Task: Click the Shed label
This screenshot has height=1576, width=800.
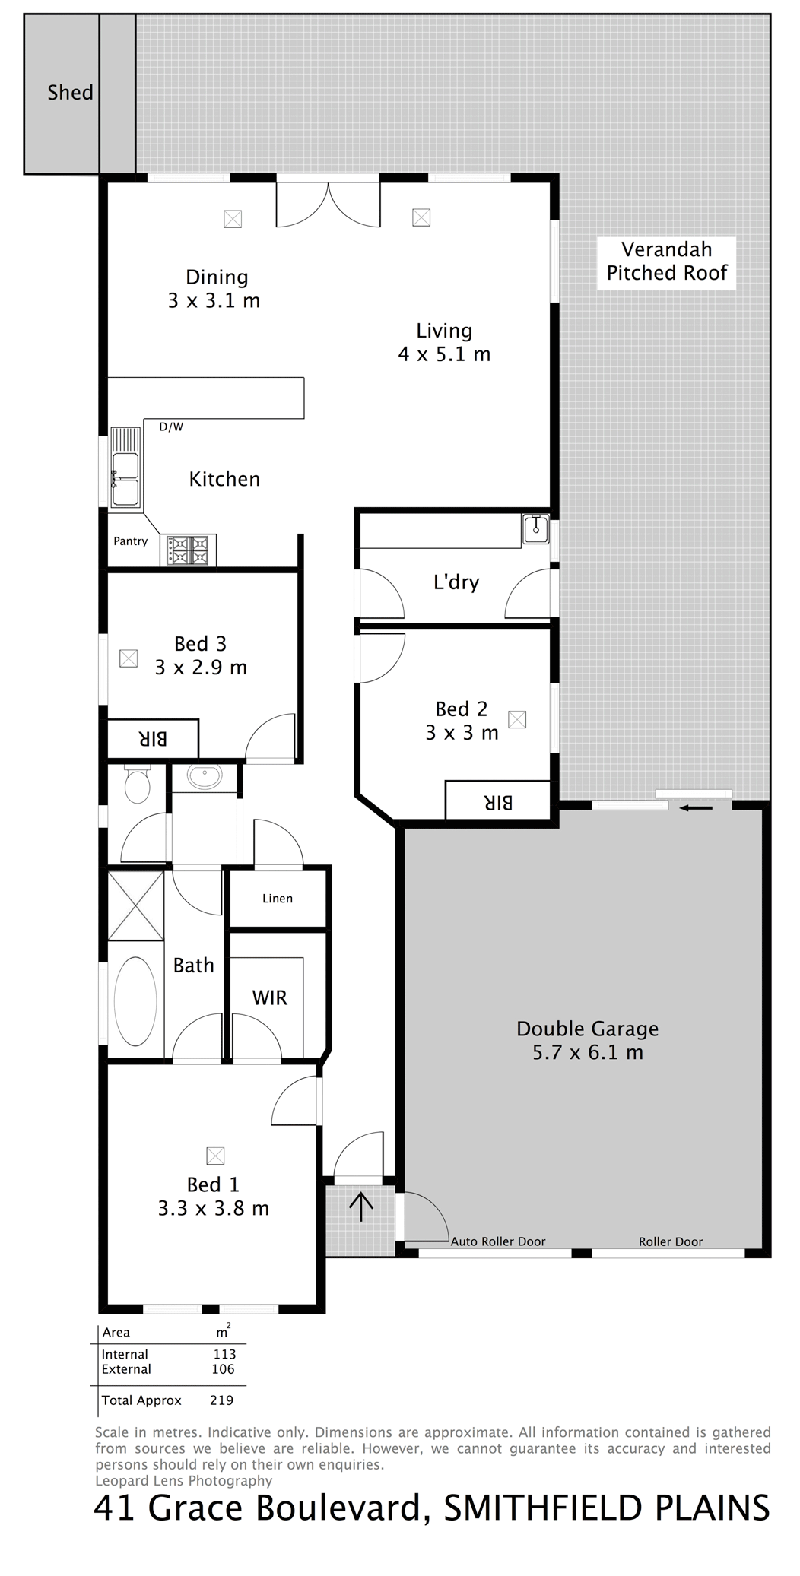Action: pyautogui.click(x=70, y=93)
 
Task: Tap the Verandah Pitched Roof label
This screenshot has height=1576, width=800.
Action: pyautogui.click(x=667, y=261)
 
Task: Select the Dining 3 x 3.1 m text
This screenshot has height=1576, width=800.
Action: pyautogui.click(x=214, y=289)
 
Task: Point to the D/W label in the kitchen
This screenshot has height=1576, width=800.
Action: pyautogui.click(x=171, y=427)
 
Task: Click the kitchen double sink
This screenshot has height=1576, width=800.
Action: pyautogui.click(x=125, y=468)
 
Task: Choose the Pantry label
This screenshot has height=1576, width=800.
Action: pyautogui.click(x=130, y=541)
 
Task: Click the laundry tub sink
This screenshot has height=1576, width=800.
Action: pyautogui.click(x=536, y=528)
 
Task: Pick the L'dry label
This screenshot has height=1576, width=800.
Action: pyautogui.click(x=456, y=582)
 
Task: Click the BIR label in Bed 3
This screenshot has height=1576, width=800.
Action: pyautogui.click(x=153, y=738)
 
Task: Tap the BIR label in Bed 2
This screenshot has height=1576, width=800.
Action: pyautogui.click(x=497, y=801)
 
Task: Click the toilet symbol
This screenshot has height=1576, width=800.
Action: pyautogui.click(x=137, y=784)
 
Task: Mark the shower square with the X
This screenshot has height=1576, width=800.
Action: pyautogui.click(x=136, y=905)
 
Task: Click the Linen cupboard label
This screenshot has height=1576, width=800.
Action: pyautogui.click(x=278, y=899)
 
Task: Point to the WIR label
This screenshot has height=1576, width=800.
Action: pyautogui.click(x=270, y=997)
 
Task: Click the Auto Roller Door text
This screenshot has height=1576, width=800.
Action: pyautogui.click(x=498, y=1241)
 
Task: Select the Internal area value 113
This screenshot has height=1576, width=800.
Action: pyautogui.click(x=224, y=1354)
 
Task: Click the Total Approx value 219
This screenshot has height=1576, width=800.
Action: pyautogui.click(x=221, y=1400)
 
